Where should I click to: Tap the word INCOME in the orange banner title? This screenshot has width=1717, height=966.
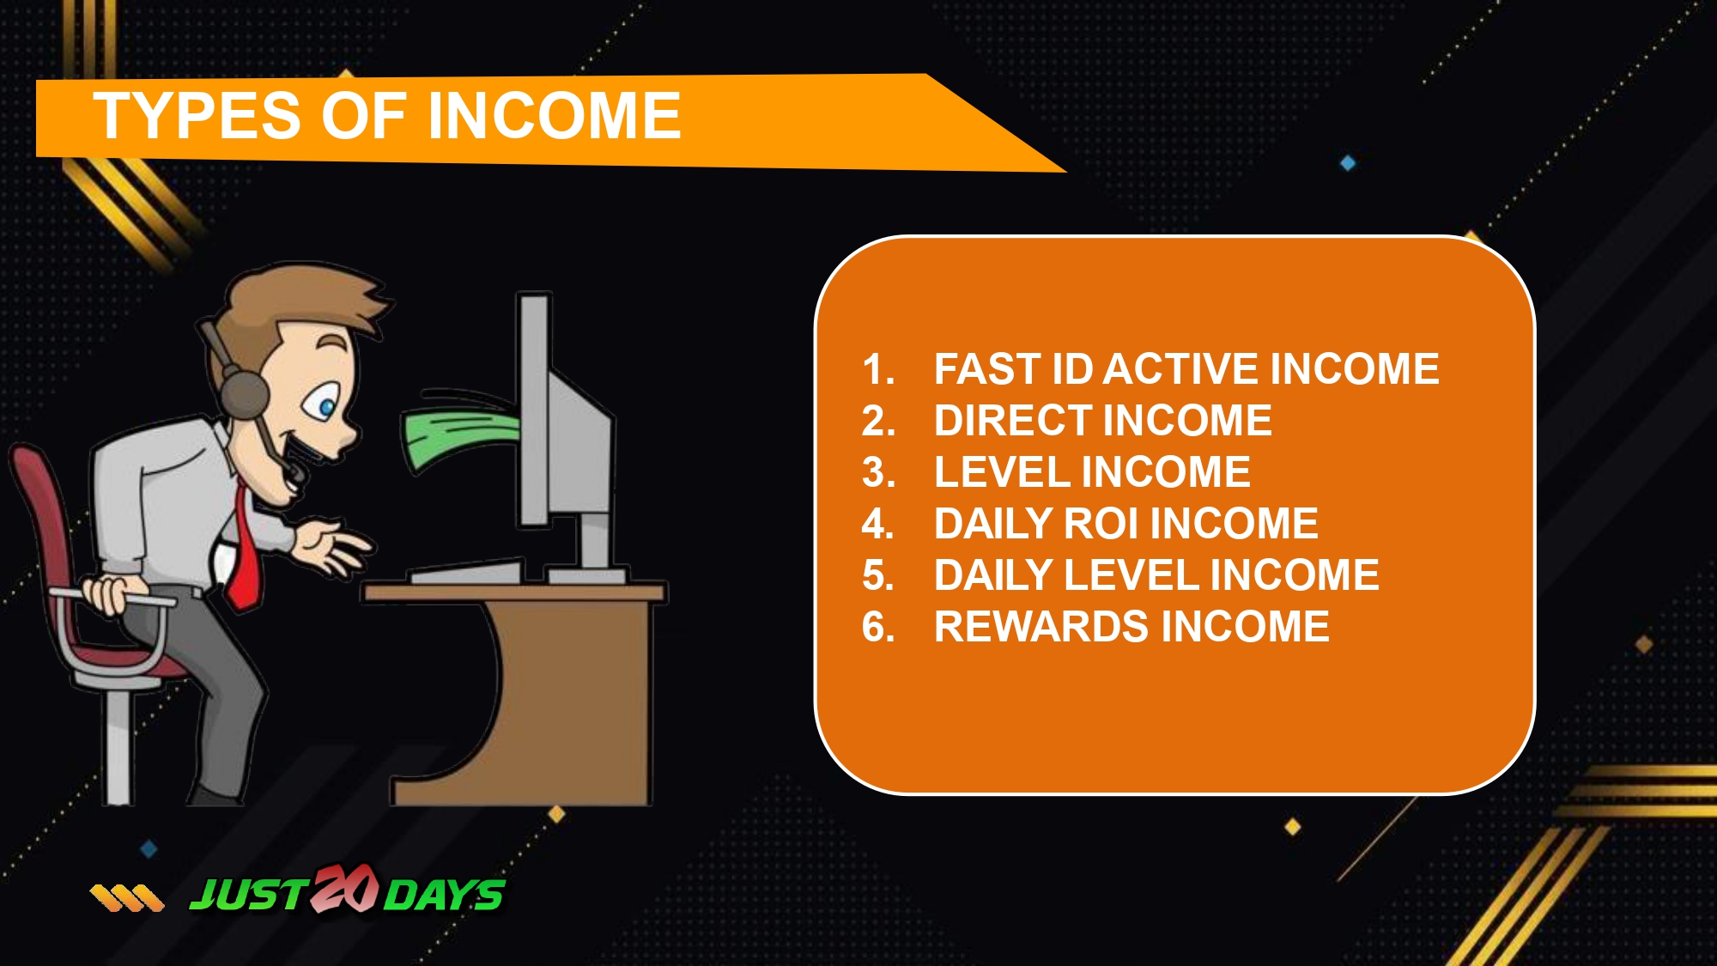pyautogui.click(x=555, y=116)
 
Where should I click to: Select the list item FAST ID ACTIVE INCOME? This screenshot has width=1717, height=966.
pyautogui.click(x=1186, y=369)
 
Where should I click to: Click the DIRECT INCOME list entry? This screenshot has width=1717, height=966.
pyautogui.click(x=1103, y=421)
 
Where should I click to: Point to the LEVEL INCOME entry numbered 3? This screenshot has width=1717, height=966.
pyautogui.click(x=1092, y=472)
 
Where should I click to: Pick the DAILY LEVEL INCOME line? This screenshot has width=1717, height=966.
pyautogui.click(x=1156, y=575)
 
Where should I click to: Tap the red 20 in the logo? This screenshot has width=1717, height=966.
pyautogui.click(x=344, y=890)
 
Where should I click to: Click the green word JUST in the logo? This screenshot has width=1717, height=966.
pyautogui.click(x=249, y=896)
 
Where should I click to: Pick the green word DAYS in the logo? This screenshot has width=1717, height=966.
pyautogui.click(x=444, y=896)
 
